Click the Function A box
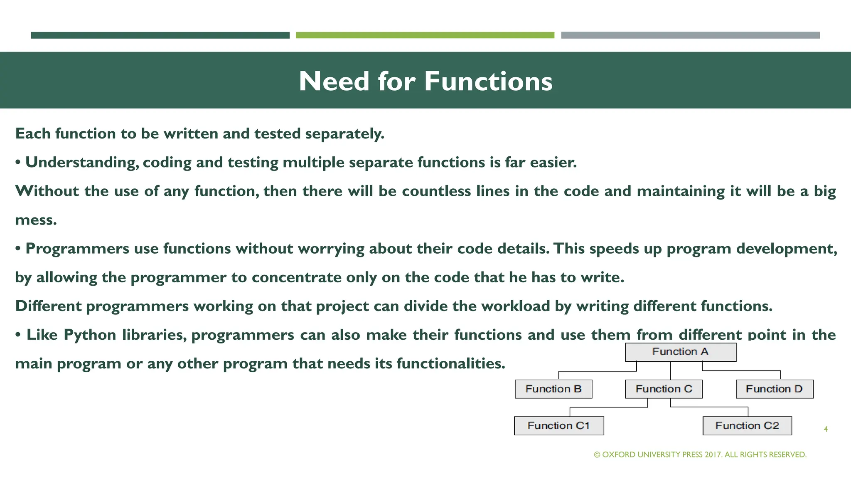(x=680, y=352)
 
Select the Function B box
(x=553, y=389)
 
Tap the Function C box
(x=664, y=389)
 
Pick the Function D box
(x=774, y=389)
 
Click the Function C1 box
(x=558, y=425)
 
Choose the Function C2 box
(x=747, y=425)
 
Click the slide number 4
(x=826, y=429)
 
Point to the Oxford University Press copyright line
(x=700, y=454)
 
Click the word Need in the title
(x=334, y=81)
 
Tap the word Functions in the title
(x=488, y=81)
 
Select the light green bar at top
(x=425, y=35)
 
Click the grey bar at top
(x=690, y=35)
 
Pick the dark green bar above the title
(x=160, y=35)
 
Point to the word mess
(x=36, y=220)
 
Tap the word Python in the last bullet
(x=90, y=335)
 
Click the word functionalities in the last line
(x=450, y=363)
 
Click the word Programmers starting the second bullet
(x=77, y=249)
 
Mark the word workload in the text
(x=516, y=306)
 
